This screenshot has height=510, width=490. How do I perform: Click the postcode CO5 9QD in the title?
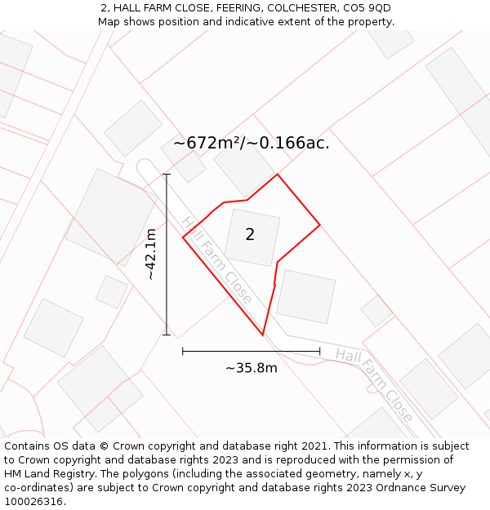tap(367, 7)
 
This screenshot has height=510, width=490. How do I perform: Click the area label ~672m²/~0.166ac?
tap(252, 143)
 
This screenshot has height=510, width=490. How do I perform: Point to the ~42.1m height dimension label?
tap(151, 255)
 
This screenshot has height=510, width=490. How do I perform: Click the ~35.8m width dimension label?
tap(252, 368)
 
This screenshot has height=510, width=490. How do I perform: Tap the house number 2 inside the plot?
tap(250, 234)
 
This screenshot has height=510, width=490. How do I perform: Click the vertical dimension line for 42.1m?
tap(167, 255)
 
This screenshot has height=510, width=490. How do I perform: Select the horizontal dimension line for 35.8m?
tap(252, 351)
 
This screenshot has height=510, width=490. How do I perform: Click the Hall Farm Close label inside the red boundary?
tap(217, 260)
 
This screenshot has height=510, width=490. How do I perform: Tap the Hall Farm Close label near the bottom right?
tap(374, 385)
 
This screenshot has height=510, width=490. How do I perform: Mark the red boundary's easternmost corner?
tap(320, 224)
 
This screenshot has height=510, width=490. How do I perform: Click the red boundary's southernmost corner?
tap(262, 335)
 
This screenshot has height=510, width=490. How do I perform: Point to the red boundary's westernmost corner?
tap(183, 237)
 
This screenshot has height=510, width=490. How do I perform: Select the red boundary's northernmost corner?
tap(278, 175)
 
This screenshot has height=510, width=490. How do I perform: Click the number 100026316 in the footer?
tap(35, 501)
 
